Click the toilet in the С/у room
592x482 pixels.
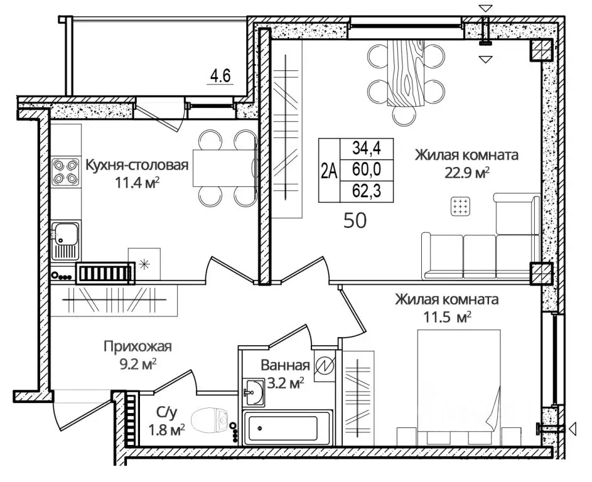pyautogui.click(x=210, y=421)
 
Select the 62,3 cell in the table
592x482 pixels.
pyautogui.click(x=367, y=191)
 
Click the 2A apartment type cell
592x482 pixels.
pyautogui.click(x=330, y=171)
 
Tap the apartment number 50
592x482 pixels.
pyautogui.click(x=355, y=220)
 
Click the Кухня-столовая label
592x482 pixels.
pyautogui.click(x=137, y=165)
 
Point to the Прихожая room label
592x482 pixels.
pyautogui.click(x=138, y=346)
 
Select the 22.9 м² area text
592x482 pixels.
pyautogui.click(x=467, y=173)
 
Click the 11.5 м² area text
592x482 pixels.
pyautogui.click(x=448, y=317)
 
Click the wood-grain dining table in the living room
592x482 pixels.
pyautogui.click(x=406, y=72)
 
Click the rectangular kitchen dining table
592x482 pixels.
pyautogui.click(x=225, y=168)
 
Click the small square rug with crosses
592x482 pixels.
pyautogui.click(x=461, y=206)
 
